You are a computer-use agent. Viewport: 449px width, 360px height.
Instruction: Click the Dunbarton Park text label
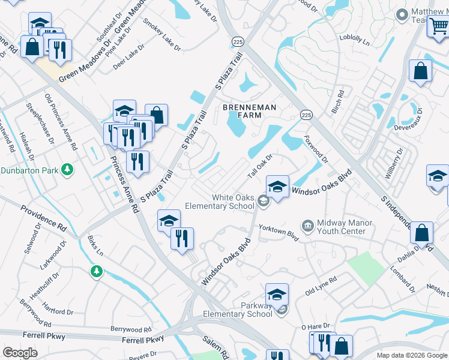tap(29, 171)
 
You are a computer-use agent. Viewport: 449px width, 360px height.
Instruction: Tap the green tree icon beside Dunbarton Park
tap(67, 171)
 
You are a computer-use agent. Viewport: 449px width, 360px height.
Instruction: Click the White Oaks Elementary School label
tap(233, 202)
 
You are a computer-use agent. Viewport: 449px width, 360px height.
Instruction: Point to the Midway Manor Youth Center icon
tap(308, 226)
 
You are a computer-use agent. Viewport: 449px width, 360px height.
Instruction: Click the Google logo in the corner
tap(20, 353)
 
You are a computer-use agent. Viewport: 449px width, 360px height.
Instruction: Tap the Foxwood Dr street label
tap(316, 151)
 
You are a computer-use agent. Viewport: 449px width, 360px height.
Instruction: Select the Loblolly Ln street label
tap(355, 40)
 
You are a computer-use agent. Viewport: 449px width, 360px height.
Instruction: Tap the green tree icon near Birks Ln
tap(96, 272)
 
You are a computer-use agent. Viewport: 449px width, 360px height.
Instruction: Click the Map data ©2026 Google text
tap(411, 355)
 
